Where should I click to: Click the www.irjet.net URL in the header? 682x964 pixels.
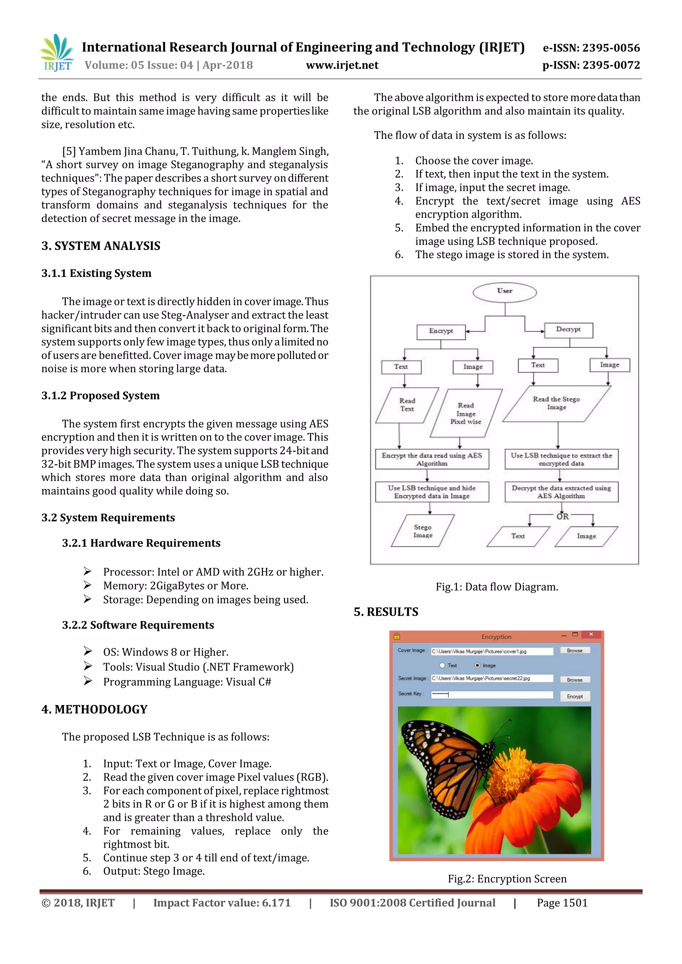342,65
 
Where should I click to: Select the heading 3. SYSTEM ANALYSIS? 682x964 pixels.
101,246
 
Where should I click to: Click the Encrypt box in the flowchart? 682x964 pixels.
441,331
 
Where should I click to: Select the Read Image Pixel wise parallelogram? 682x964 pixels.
466,413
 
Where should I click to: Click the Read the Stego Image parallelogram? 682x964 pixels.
556,403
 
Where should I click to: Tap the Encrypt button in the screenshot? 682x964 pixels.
574,696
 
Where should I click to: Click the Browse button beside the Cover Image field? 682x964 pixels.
574,650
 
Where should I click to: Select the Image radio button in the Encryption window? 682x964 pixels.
478,665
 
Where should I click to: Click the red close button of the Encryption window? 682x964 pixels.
591,634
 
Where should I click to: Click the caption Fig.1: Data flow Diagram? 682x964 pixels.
497,587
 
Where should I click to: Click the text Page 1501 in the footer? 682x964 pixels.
562,903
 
